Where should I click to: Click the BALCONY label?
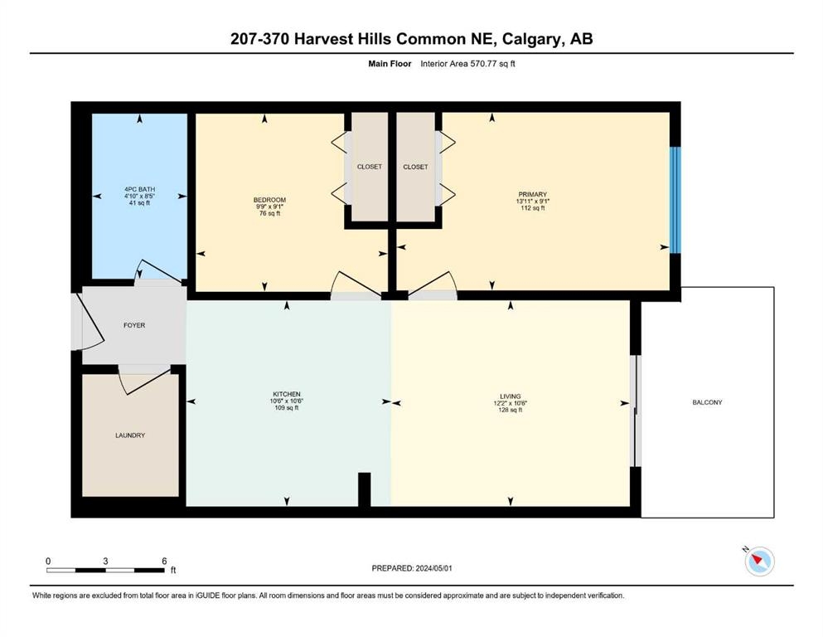pos(707,402)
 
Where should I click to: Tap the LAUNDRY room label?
pos(130,435)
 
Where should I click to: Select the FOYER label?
pos(134,326)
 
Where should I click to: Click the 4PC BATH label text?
pos(139,190)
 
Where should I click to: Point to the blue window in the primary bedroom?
pos(675,200)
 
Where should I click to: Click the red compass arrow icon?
pos(758,560)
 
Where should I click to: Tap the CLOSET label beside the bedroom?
pos(370,167)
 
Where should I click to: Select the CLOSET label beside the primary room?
pos(416,167)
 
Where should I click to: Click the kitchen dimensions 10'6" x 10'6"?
pos(287,401)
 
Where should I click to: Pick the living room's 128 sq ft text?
pos(511,410)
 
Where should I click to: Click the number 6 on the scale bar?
pos(164,561)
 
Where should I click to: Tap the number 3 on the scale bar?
pos(105,561)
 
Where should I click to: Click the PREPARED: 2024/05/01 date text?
pos(412,568)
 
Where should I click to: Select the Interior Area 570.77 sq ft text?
pos(467,64)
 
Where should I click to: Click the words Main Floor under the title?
pos(390,64)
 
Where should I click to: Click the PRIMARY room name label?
pos(532,194)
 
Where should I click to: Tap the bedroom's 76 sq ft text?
pos(270,214)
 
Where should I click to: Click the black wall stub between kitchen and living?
pos(365,489)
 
